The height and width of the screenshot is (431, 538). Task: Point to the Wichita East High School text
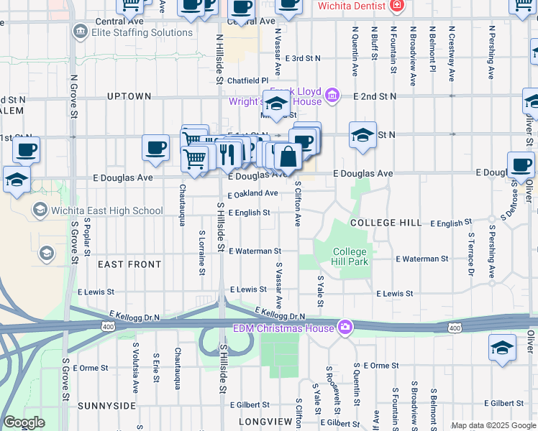coord(107,210)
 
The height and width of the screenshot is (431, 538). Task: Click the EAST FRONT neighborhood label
coord(129,264)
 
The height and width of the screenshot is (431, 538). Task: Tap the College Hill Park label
coord(350,257)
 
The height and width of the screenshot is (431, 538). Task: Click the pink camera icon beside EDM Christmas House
coord(345,328)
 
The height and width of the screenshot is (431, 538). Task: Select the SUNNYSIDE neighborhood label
coord(106,406)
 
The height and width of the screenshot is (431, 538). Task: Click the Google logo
coord(24,422)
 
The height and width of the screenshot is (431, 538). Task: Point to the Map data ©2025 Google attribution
coord(493,425)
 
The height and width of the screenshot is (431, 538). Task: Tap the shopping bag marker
coord(288,157)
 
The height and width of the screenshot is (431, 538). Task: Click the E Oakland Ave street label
coord(252,194)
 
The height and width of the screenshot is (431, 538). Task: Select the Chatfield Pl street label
coord(247,81)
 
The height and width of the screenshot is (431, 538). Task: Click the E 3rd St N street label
coord(302,58)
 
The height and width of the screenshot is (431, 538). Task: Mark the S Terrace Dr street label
coord(471,254)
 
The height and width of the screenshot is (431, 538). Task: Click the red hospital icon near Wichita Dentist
coord(396,6)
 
